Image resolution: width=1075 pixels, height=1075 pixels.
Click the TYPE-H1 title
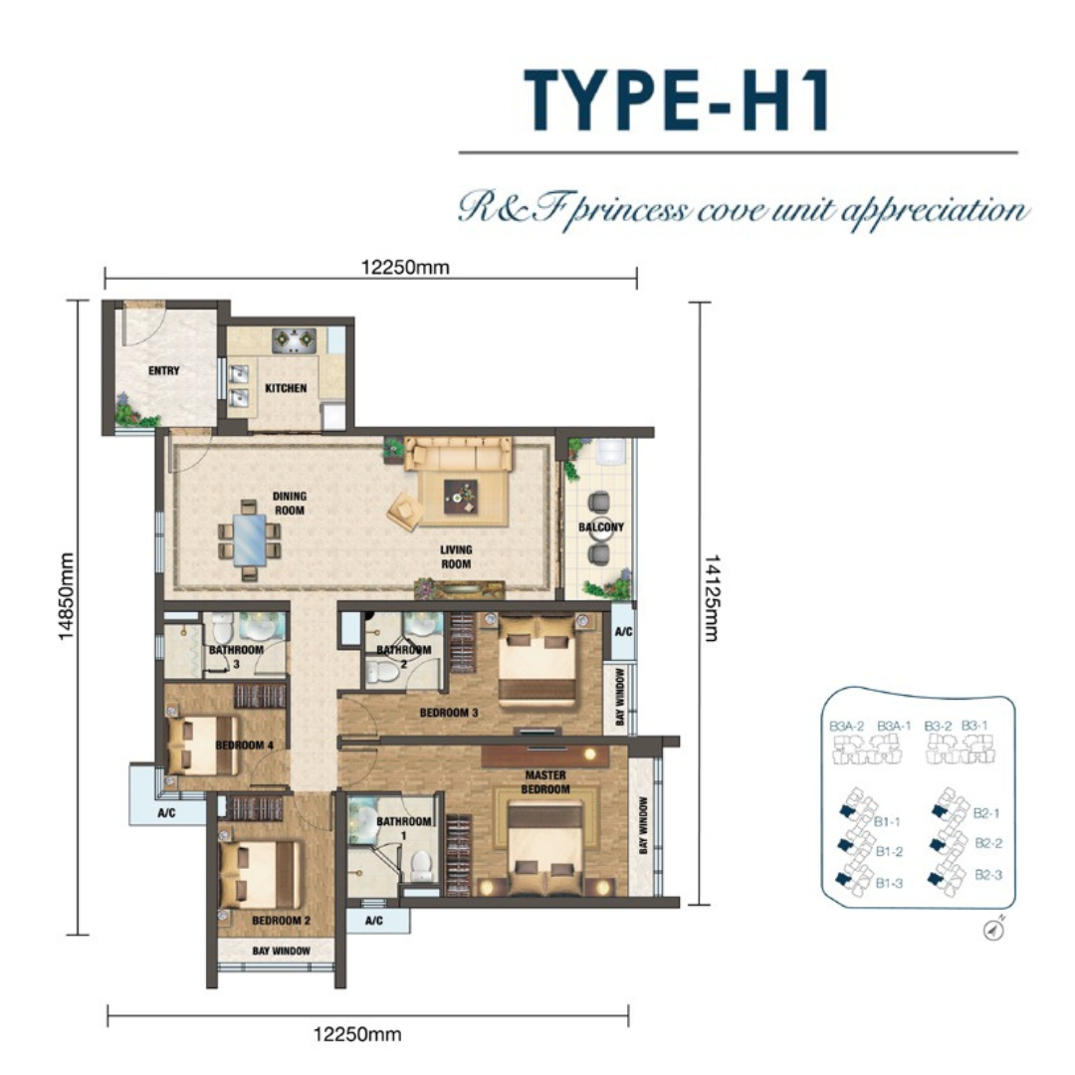678,100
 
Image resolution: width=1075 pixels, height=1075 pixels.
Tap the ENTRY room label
164,371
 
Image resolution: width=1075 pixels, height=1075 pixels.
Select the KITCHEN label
286,388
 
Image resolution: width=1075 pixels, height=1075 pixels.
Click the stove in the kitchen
294,340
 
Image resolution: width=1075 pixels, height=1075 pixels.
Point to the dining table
250,539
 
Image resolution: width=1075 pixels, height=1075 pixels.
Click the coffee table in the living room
461,497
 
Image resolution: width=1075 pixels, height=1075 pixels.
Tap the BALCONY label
601,528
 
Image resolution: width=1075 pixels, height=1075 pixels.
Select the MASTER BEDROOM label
545,782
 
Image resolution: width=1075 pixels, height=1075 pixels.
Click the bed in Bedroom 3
537,659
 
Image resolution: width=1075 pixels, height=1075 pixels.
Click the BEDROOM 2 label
282,920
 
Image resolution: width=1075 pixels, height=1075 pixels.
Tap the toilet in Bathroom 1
421,865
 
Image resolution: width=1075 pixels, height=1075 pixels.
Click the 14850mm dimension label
66,596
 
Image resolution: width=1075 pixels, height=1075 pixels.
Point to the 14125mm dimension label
713,598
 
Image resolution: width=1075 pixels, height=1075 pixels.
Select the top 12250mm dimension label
405,267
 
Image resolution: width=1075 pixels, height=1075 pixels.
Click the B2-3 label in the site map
988,875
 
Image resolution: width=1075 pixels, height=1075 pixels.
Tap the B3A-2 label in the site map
847,726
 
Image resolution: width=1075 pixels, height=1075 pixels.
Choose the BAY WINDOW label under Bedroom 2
281,951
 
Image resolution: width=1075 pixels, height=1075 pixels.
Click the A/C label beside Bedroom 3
623,631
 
